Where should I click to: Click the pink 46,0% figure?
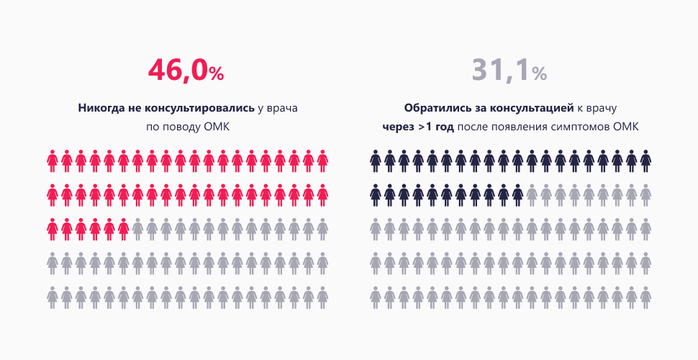pos(186,70)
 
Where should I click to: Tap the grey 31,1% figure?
pos(509,70)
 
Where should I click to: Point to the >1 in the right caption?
pos(427,127)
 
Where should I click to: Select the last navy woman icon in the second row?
pos(517,194)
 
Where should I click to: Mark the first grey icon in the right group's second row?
pos(532,194)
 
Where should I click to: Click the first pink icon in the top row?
pos(53,160)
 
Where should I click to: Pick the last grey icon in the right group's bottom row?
pos(645,297)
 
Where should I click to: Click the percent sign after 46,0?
pos(217,73)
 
